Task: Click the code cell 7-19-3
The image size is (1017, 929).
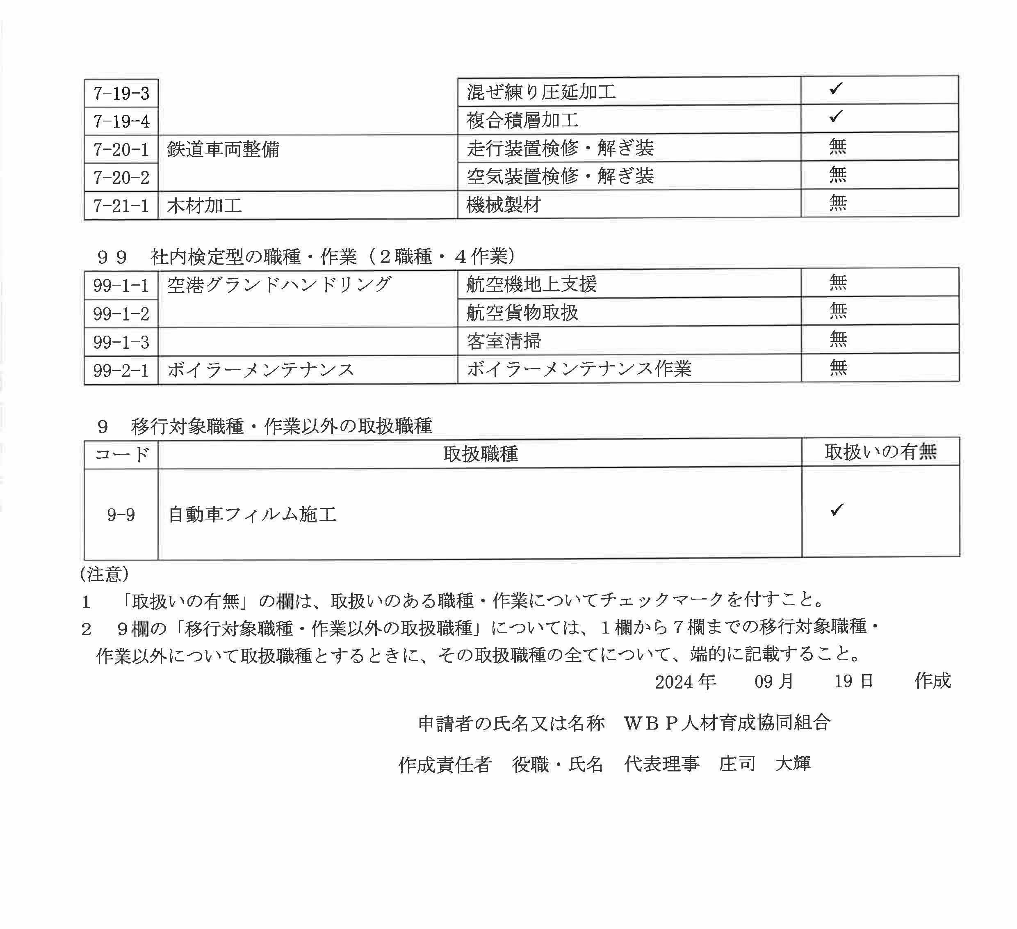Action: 121,94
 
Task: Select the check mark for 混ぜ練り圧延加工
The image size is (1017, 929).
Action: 835,89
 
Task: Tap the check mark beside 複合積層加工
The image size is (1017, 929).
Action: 835,117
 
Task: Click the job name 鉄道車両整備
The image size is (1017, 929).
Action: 223,149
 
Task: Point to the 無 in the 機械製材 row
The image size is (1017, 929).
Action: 837,203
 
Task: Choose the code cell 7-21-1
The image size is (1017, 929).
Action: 121,206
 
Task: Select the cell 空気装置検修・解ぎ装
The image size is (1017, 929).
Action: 560,176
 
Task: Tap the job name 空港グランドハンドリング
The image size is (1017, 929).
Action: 279,285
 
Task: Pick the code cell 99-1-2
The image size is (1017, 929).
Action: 121,314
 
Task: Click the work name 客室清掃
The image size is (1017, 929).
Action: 504,341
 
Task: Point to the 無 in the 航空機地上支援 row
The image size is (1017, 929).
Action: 837,282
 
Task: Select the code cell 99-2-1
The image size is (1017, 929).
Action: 121,371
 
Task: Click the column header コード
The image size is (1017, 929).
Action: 121,454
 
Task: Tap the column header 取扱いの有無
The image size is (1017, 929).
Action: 880,452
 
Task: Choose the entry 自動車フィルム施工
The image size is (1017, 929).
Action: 252,515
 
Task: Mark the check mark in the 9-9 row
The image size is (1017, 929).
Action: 837,510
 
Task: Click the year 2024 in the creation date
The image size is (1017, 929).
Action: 674,682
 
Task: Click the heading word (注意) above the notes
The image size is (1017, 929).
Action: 105,574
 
